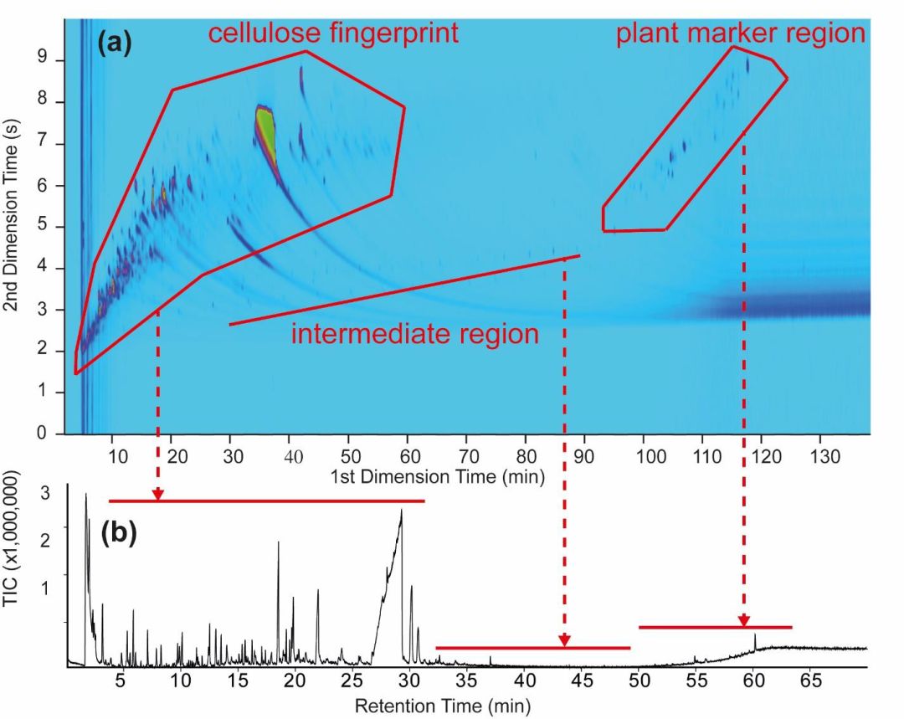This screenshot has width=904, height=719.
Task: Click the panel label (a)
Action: [x=114, y=44]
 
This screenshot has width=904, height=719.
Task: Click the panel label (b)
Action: [x=119, y=533]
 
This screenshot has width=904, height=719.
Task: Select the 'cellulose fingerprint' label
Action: [x=333, y=33]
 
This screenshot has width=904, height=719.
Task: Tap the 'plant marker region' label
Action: [x=742, y=33]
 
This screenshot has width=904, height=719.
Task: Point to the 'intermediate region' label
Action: [x=415, y=334]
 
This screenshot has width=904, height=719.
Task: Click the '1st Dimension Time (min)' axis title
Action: [x=437, y=477]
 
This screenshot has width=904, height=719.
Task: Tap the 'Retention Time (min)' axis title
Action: [x=442, y=705]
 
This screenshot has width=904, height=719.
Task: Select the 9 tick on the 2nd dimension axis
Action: [x=42, y=60]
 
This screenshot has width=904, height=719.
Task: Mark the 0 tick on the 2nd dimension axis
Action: [x=42, y=433]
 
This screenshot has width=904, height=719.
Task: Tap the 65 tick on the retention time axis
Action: [x=810, y=681]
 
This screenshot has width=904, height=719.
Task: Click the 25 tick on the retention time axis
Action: [x=352, y=681]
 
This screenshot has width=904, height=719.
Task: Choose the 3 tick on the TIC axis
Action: [x=45, y=494]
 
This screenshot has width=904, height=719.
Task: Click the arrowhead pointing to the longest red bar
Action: [x=157, y=495]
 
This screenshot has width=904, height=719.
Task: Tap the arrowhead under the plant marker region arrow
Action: [x=744, y=620]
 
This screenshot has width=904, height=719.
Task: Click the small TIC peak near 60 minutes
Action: [x=755, y=641]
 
